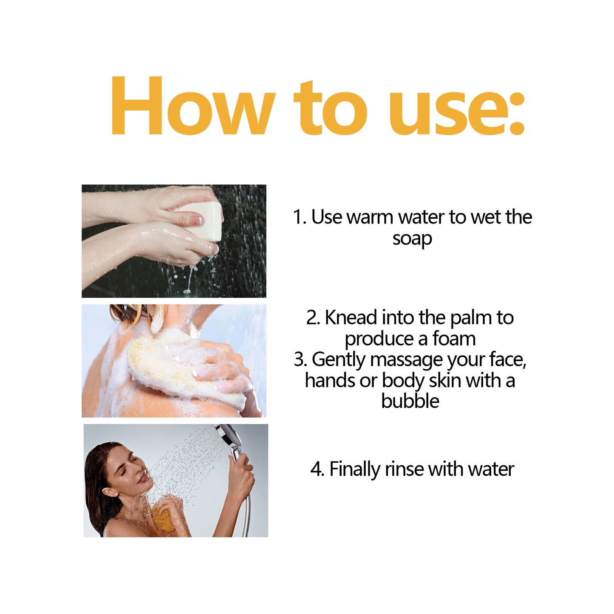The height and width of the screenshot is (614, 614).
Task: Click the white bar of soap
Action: click(x=208, y=221)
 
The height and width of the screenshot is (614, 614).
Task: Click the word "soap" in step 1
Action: click(x=412, y=239)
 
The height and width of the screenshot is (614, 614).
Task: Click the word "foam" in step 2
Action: click(x=454, y=339)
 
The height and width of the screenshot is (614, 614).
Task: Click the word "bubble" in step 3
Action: click(x=410, y=401)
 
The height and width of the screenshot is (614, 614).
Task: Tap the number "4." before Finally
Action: click(x=317, y=470)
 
